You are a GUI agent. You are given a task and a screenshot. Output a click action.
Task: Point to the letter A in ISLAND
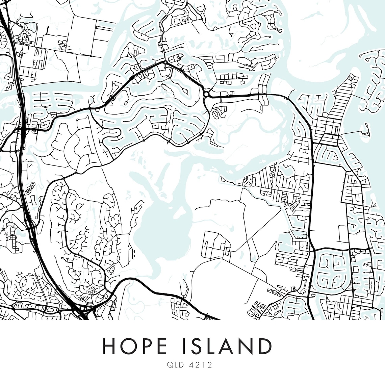(227, 346)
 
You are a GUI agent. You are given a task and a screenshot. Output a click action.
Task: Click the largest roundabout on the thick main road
(206, 94)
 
